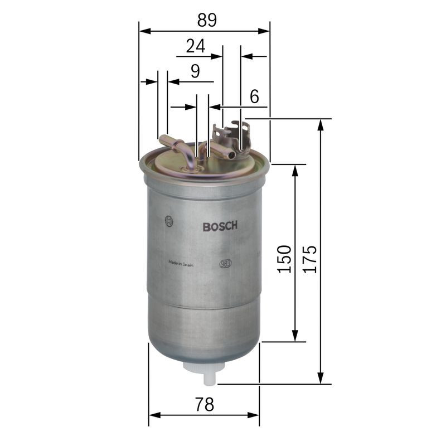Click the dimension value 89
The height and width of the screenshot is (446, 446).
[x=206, y=20]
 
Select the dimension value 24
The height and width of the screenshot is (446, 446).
[x=195, y=46]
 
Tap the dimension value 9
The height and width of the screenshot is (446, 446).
[x=195, y=71]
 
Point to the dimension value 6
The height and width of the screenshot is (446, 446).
[x=254, y=96]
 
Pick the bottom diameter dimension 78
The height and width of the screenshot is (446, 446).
[x=205, y=404]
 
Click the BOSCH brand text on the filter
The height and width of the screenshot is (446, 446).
[x=220, y=226]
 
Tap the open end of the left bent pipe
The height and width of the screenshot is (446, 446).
[x=162, y=138]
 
